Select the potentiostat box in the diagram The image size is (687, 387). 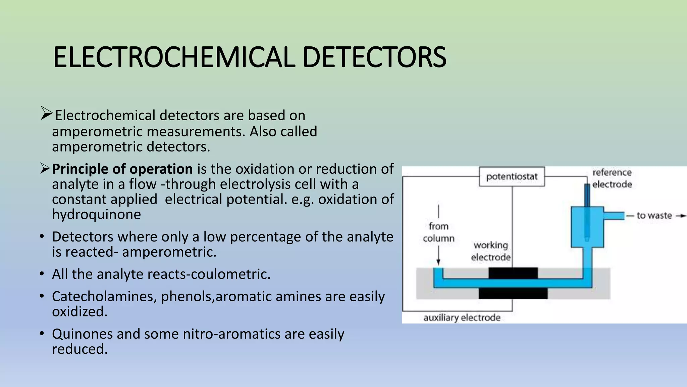(x=512, y=177)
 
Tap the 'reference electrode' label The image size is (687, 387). (x=612, y=178)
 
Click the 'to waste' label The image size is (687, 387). (x=654, y=216)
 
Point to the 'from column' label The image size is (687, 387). (x=438, y=232)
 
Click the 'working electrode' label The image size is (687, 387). (x=491, y=251)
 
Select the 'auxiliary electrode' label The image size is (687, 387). (x=462, y=318)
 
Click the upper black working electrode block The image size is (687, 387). (x=513, y=273)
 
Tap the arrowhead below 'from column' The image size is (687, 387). (x=438, y=262)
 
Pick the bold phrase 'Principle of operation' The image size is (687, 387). (x=122, y=169)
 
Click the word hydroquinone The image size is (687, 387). (x=97, y=214)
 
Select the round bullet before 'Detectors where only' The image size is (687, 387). (x=42, y=237)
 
